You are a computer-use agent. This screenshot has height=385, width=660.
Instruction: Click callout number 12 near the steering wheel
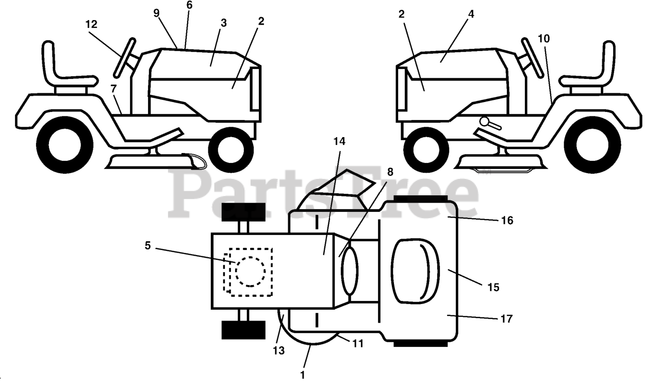click(91, 25)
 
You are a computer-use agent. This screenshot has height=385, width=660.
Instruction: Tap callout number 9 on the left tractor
click(157, 13)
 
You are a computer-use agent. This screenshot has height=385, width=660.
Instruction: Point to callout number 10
click(543, 38)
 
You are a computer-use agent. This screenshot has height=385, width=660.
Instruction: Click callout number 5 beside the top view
click(148, 246)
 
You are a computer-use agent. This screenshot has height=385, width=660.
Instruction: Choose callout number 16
click(507, 221)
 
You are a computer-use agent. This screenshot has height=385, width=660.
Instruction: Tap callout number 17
click(506, 319)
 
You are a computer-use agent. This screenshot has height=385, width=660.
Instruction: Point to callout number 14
click(340, 141)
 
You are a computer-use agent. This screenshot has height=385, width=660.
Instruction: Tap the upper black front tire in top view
click(243, 212)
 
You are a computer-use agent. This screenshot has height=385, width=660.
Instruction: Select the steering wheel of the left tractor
click(124, 57)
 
